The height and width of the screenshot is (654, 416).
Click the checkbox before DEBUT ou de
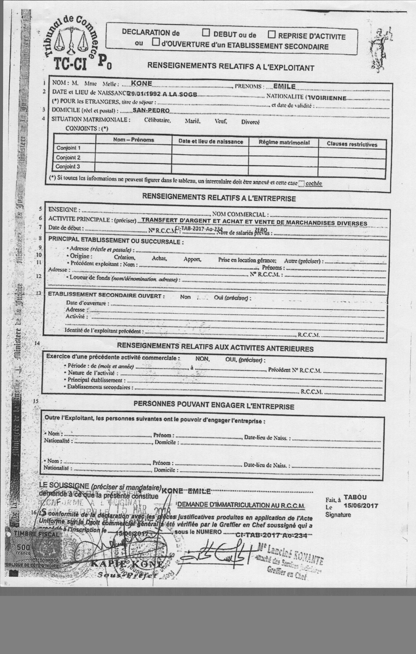point(206,33)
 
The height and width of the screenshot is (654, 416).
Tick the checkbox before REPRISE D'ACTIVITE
point(272,35)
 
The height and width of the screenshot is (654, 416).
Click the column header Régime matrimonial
point(284,143)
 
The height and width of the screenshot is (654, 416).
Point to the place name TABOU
point(355,497)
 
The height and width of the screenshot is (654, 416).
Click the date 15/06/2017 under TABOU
point(361,505)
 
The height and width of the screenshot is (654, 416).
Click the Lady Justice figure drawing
point(381,49)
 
